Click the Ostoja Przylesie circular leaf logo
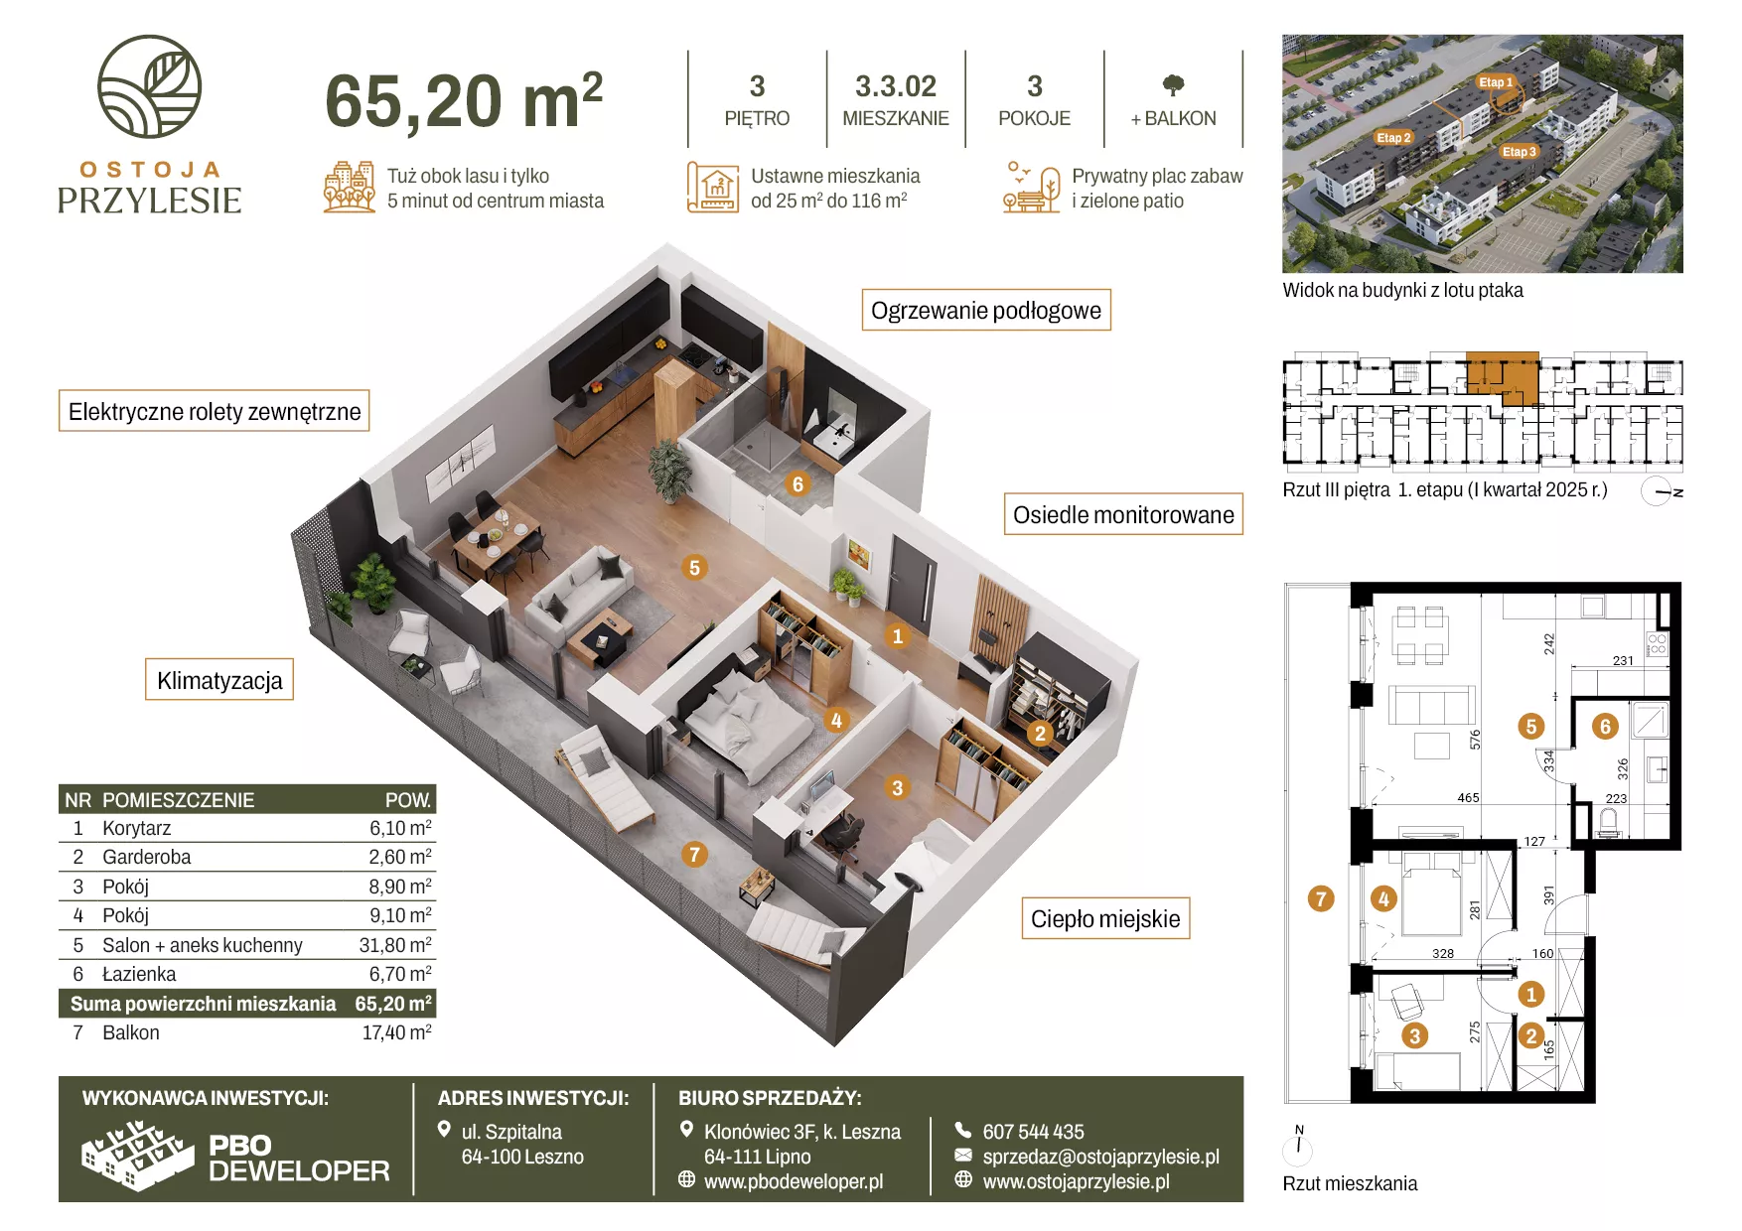pyautogui.click(x=149, y=86)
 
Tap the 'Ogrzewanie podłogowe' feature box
pyautogui.click(x=985, y=310)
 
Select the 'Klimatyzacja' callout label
pyautogui.click(x=219, y=680)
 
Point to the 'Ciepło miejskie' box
pyautogui.click(x=1105, y=918)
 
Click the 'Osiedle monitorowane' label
pyautogui.click(x=1123, y=514)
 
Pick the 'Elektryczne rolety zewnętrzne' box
pyautogui.click(x=215, y=411)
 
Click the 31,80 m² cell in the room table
pyautogui.click(x=395, y=945)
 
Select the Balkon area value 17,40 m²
pyautogui.click(x=396, y=1032)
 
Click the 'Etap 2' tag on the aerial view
pyautogui.click(x=1393, y=138)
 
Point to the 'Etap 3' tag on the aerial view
pyautogui.click(x=1520, y=152)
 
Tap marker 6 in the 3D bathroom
pyautogui.click(x=797, y=484)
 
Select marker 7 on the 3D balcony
pyautogui.click(x=694, y=854)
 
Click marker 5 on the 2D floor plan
pyautogui.click(x=1530, y=727)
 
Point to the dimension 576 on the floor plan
pyautogui.click(x=1475, y=739)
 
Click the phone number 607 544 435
pyautogui.click(x=1033, y=1132)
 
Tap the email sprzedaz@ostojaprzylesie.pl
pyautogui.click(x=1100, y=1157)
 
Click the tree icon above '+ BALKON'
pyautogui.click(x=1173, y=85)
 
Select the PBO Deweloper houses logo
pyautogui.click(x=137, y=1156)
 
